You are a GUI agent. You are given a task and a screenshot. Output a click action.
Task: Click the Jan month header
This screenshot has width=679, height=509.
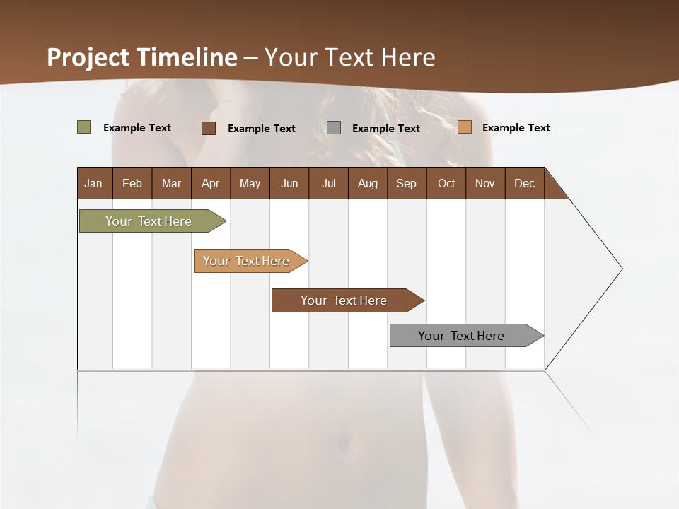(x=93, y=183)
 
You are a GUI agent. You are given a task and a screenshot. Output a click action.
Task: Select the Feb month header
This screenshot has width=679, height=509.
(x=132, y=183)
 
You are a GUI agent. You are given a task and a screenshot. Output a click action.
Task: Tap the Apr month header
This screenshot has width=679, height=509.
(x=210, y=183)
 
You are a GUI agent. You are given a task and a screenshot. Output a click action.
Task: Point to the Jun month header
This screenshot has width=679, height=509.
(x=289, y=183)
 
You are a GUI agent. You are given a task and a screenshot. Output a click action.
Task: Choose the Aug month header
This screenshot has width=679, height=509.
(x=367, y=183)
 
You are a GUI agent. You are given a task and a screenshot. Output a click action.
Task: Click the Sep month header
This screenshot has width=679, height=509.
(x=406, y=183)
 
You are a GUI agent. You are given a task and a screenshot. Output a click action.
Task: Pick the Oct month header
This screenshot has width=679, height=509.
(x=446, y=183)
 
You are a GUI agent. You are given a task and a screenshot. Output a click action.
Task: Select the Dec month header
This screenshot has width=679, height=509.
(x=524, y=183)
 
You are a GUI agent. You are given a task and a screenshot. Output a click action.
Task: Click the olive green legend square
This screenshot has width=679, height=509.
(x=84, y=127)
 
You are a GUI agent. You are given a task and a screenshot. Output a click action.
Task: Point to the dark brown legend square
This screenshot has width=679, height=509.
(x=209, y=128)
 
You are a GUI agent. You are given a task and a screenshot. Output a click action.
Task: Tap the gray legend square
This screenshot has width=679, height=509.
(x=334, y=128)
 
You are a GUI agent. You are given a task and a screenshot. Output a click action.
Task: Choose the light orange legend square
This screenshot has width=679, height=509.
(x=465, y=127)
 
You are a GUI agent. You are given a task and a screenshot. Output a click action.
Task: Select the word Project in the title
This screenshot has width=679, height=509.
(x=88, y=57)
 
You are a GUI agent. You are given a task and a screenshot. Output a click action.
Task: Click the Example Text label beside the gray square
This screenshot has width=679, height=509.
(x=385, y=129)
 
